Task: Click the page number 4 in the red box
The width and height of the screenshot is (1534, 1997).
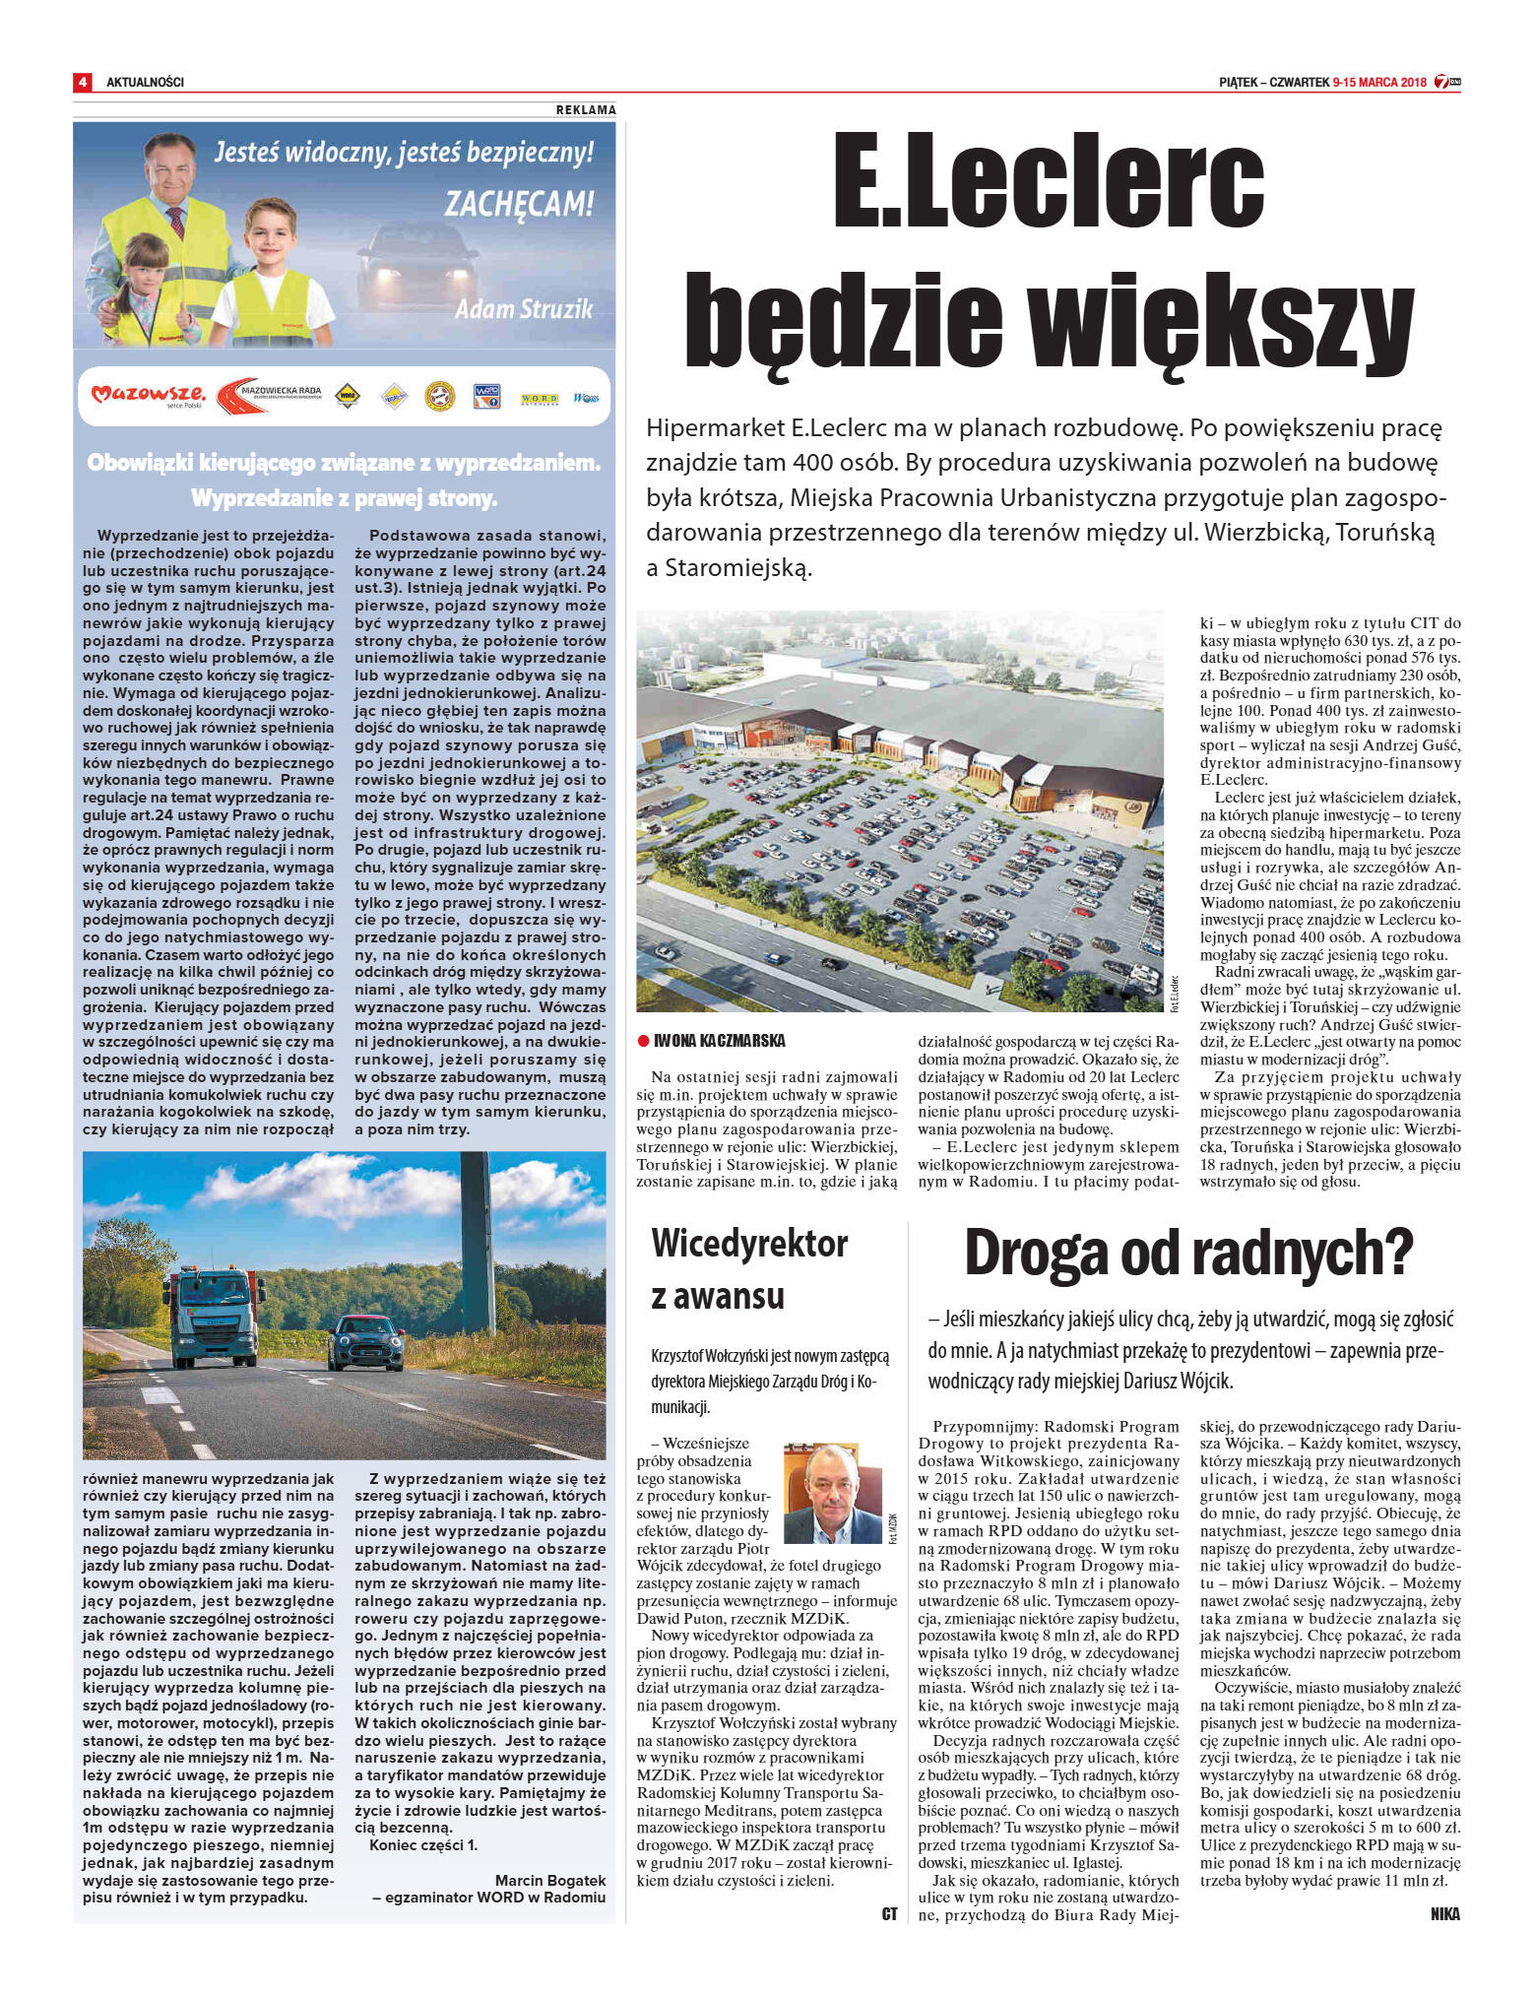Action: point(83,82)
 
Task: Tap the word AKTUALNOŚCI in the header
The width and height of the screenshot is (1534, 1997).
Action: point(145,82)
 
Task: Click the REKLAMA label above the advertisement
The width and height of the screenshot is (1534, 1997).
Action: point(586,110)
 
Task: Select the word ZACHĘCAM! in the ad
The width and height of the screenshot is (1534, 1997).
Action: point(519,204)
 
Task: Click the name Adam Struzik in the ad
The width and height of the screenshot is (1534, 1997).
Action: point(524,309)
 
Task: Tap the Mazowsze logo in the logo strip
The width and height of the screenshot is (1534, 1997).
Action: point(148,396)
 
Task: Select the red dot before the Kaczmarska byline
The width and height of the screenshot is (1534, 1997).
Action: point(643,1041)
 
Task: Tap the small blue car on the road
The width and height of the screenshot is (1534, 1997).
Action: point(365,1341)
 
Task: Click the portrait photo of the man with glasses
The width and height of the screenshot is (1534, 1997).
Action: point(832,1493)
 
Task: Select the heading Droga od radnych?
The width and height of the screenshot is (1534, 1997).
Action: point(1187,1254)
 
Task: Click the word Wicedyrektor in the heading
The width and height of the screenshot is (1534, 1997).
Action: point(749,1244)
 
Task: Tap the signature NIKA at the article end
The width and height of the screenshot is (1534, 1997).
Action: point(1444,1914)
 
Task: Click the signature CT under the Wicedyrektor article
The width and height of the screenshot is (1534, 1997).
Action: point(889,1914)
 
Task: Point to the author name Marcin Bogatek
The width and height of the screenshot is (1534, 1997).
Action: point(549,1881)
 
